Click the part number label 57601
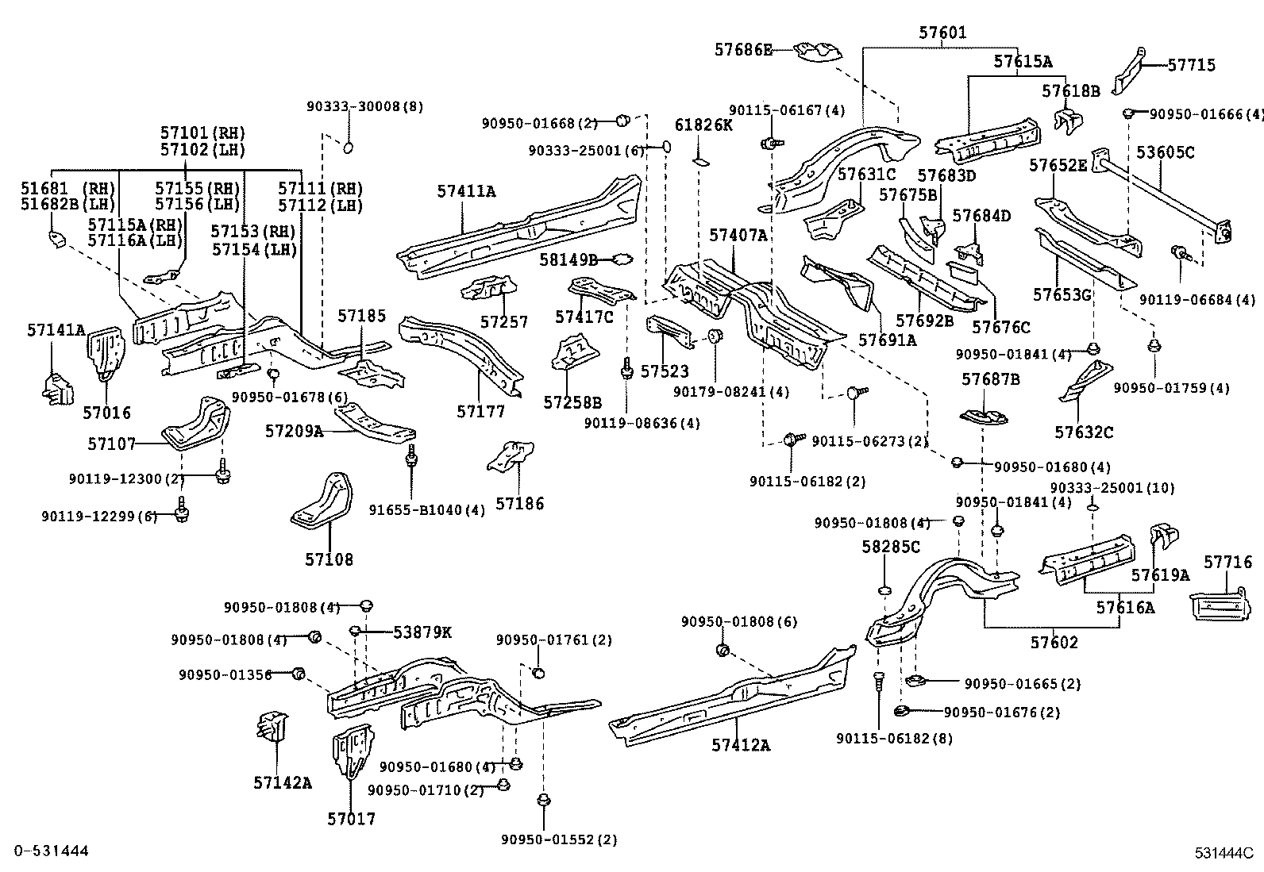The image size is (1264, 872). tap(942, 33)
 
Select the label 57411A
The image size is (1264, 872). tap(466, 191)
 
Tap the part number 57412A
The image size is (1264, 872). tap(741, 745)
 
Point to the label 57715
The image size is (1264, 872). tap(1191, 65)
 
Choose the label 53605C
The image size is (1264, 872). tap(1165, 152)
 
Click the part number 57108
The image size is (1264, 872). tap(329, 559)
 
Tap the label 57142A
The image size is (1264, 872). tap(283, 783)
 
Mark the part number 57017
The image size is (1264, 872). tap(351, 818)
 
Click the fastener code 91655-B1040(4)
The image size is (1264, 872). tap(426, 510)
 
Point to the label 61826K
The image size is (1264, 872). tap(703, 125)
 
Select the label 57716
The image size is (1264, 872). tap(1227, 563)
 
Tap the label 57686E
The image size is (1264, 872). tap(742, 49)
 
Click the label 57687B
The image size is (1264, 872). tap(990, 379)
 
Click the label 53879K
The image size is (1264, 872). tap(422, 632)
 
